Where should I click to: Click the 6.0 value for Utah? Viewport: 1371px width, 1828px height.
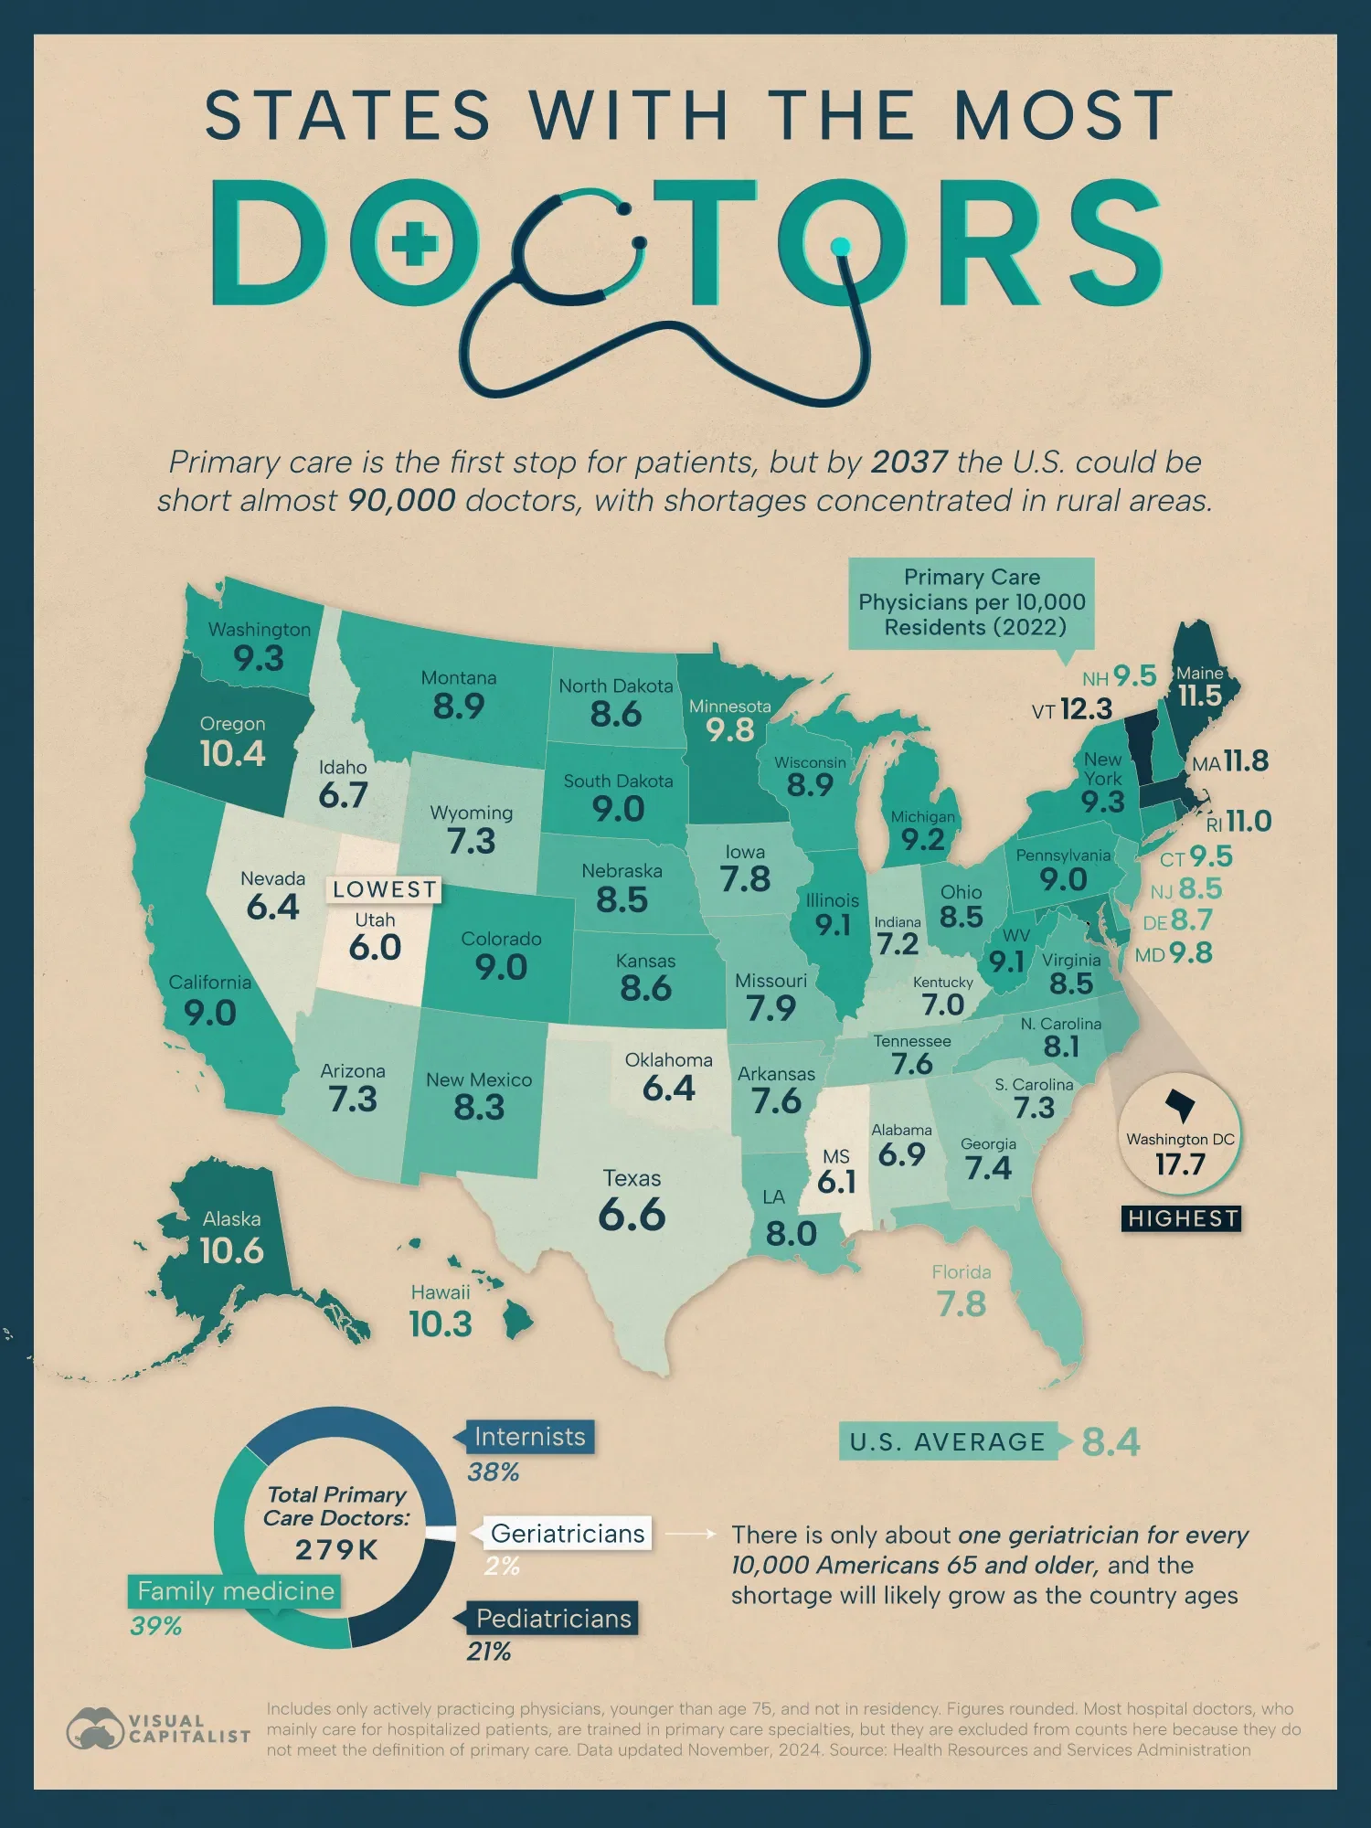tap(375, 948)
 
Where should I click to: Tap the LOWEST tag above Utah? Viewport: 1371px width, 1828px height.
tap(385, 889)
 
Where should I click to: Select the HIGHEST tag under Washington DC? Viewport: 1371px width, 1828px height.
tap(1182, 1218)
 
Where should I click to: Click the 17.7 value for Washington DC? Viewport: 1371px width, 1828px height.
tap(1180, 1165)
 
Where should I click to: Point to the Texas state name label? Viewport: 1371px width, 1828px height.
tap(632, 1178)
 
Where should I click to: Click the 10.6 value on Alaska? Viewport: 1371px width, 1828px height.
tap(231, 1250)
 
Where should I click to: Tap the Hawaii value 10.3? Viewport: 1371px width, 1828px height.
tap(441, 1324)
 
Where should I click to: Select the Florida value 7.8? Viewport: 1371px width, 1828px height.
tap(962, 1304)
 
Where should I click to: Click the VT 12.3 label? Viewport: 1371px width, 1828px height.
tap(1072, 709)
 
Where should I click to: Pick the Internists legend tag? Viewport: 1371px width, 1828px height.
tap(529, 1437)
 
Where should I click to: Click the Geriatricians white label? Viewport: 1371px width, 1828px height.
tap(567, 1534)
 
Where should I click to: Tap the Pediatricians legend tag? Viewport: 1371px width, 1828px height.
tap(553, 1619)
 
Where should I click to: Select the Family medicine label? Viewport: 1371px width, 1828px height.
tap(236, 1591)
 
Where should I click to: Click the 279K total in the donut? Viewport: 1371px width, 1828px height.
tap(336, 1550)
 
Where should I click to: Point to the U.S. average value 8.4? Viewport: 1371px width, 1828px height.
tap(1111, 1442)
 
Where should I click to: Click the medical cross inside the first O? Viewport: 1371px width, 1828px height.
tap(414, 243)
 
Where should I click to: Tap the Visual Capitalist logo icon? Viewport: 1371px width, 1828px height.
tap(94, 1728)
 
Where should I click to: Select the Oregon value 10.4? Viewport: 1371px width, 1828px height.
tap(232, 754)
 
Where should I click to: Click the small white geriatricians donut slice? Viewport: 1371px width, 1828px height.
tap(441, 1535)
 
